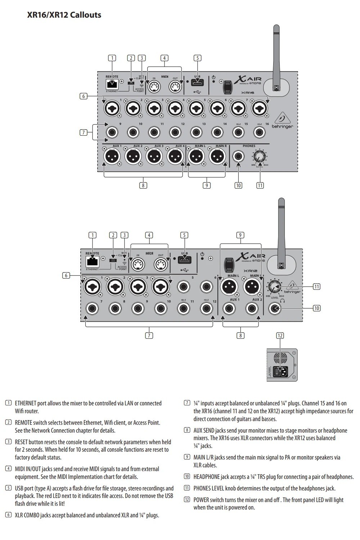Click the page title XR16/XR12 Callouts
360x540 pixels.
coord(64,15)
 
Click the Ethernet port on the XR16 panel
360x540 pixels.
coord(112,84)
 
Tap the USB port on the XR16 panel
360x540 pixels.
coord(197,82)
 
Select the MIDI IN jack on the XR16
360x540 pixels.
coord(154,86)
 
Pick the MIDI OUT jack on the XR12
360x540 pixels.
coord(160,265)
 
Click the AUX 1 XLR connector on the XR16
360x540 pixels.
coord(112,157)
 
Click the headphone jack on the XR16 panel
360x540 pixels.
coord(238,157)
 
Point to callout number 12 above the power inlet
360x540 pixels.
coord(280,336)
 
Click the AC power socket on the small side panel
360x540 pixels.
coord(282,371)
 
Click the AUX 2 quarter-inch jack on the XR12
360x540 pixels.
coord(252,309)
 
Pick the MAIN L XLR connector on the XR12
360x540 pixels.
coord(229,287)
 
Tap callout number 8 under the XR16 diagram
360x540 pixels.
coord(143,185)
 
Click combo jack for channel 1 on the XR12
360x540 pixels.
coord(92,287)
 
